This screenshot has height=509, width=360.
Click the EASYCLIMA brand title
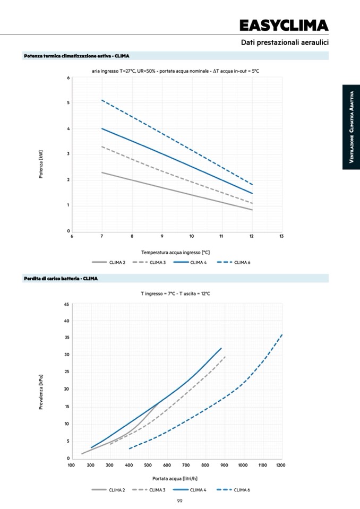coord(284,25)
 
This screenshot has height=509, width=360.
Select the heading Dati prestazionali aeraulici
coord(285,42)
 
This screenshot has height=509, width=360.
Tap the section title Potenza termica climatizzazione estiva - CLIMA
coord(76,56)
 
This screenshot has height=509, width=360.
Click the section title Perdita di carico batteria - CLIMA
coord(61,279)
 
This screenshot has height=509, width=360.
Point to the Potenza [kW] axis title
coord(41,163)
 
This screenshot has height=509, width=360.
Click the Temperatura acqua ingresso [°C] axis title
coord(178,252)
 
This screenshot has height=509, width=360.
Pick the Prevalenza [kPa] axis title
coord(41,392)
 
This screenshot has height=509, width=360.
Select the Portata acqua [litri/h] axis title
coord(175,478)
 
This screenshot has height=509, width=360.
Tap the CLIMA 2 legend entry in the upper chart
coord(109,262)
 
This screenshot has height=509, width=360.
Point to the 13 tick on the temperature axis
coord(281,236)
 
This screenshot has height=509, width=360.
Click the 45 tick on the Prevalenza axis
coord(66,304)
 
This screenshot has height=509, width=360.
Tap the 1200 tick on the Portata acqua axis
coord(280,465)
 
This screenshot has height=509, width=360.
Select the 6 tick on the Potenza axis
coord(68,78)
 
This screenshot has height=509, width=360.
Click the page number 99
coord(180,501)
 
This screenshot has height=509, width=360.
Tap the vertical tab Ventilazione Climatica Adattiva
coord(351,127)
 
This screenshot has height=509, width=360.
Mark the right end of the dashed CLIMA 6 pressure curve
coord(282,334)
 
